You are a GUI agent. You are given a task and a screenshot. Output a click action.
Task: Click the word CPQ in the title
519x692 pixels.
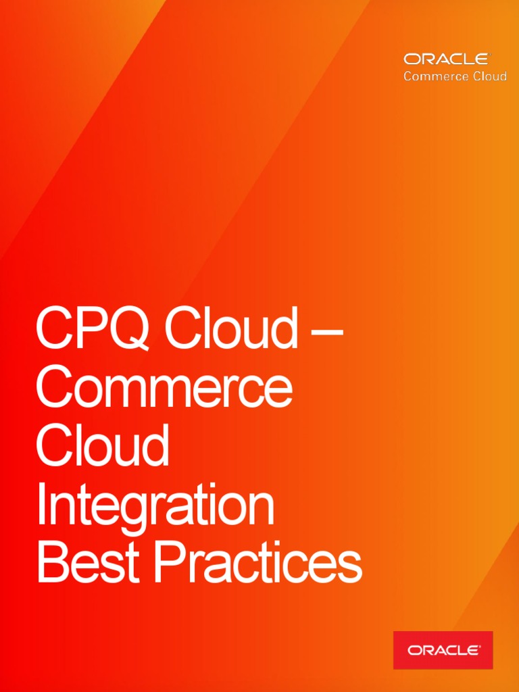tap(94, 328)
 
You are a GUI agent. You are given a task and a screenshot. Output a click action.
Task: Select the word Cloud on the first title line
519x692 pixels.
tap(230, 328)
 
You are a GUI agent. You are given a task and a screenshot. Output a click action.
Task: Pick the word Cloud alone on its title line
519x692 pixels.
tap(102, 445)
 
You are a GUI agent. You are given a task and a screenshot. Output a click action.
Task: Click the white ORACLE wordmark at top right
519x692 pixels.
tap(446, 59)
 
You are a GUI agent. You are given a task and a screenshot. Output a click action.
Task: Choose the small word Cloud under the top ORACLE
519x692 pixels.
tap(490, 76)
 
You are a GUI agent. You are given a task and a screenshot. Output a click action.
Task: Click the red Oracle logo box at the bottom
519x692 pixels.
tap(443, 650)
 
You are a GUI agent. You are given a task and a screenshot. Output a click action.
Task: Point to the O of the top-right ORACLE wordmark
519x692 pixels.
tap(412, 59)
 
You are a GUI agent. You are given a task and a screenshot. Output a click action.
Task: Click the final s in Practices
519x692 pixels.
tap(349, 568)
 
